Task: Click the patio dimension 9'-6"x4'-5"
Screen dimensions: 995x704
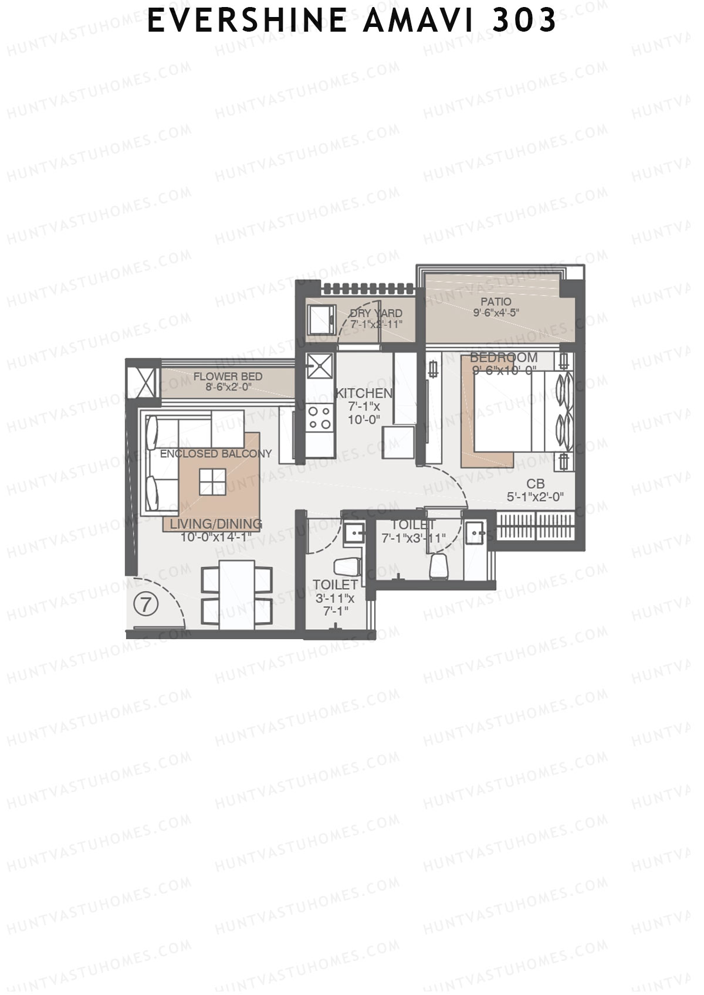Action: point(496,313)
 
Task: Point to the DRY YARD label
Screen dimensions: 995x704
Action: point(376,313)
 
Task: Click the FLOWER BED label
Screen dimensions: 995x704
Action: point(228,376)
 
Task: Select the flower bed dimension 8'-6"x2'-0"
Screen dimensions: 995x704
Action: point(228,387)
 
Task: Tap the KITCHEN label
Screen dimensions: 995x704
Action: point(363,393)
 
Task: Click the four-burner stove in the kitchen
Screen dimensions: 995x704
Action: point(319,418)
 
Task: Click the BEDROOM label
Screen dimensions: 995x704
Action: point(503,358)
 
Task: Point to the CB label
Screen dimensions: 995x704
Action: point(535,484)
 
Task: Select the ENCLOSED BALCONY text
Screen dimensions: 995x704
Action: point(216,454)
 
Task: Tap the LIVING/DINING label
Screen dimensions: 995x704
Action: point(216,524)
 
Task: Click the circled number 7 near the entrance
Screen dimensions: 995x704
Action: point(145,604)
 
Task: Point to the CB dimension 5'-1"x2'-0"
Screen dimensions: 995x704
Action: point(535,497)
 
